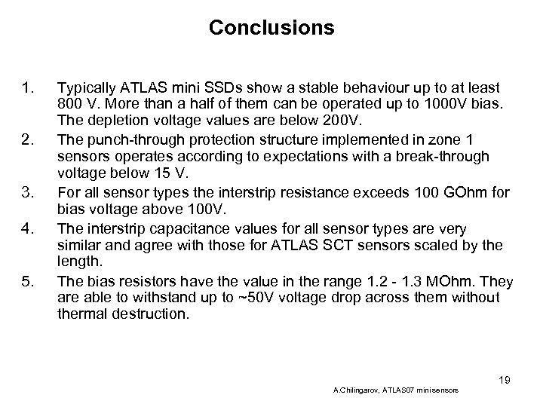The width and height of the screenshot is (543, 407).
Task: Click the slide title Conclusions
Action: coord(271,28)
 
